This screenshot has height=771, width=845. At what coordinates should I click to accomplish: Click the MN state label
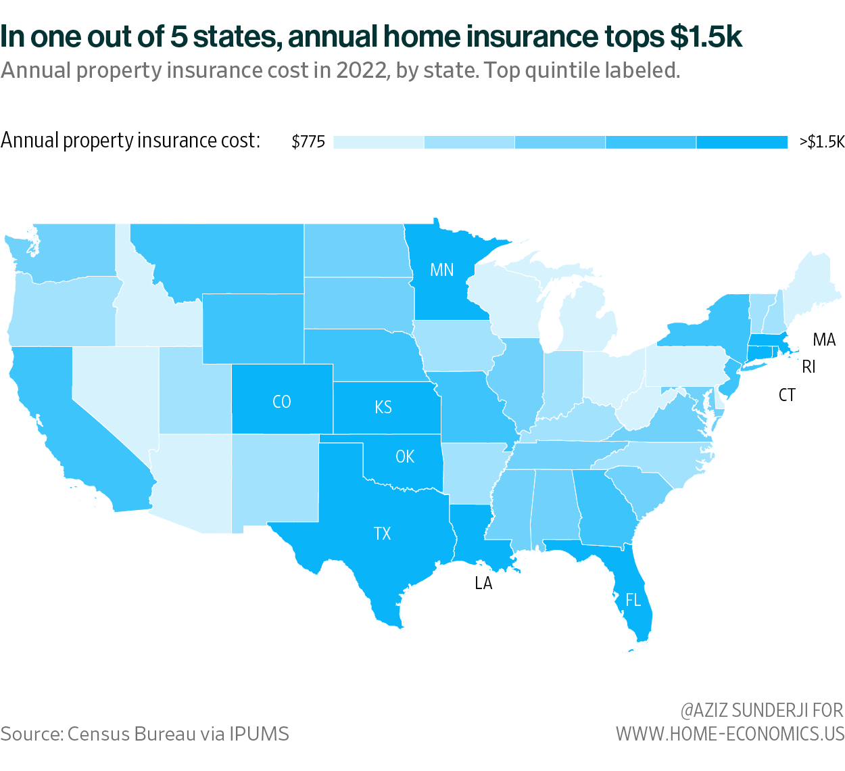[x=442, y=270]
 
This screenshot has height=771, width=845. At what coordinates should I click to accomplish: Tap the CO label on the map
[x=281, y=402]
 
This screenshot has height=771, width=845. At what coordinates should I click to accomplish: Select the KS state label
[x=383, y=406]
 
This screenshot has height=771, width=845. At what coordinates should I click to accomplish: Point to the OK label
[x=405, y=457]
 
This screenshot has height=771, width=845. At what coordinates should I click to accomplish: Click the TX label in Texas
[x=383, y=534]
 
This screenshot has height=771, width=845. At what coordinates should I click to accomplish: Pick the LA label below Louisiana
[x=483, y=583]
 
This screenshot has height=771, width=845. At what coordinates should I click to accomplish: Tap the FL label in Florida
[x=633, y=600]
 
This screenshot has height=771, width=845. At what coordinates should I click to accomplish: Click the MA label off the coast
[x=824, y=340]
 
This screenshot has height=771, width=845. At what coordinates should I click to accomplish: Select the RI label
[x=808, y=367]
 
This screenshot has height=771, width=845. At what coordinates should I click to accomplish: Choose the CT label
[x=787, y=395]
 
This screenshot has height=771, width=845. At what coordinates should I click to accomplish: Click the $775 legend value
[x=308, y=141]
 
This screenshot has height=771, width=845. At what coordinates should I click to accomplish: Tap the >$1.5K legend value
[x=821, y=141]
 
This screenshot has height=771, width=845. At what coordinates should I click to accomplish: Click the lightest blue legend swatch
[x=379, y=142]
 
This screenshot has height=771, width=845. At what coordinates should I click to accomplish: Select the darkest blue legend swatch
[x=742, y=142]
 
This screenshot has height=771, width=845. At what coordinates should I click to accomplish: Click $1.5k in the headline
[x=706, y=37]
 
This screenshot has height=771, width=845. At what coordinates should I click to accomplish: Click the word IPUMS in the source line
[x=259, y=734]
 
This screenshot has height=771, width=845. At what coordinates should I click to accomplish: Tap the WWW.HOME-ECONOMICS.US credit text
[x=730, y=734]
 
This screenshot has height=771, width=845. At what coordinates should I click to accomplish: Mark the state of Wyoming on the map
[x=253, y=328]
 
